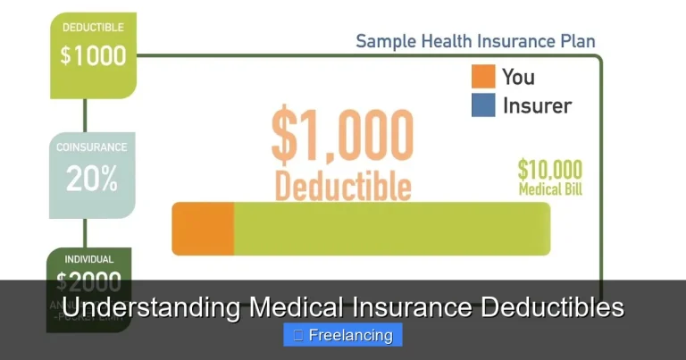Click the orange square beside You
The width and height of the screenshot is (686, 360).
click(483, 76)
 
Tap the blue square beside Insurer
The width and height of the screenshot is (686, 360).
click(483, 105)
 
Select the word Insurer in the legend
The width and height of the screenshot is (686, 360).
click(537, 105)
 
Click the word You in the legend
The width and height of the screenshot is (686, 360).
click(518, 76)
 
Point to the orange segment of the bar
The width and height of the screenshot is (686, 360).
click(203, 229)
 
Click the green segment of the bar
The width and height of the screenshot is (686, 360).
click(391, 229)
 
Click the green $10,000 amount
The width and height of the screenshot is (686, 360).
click(550, 170)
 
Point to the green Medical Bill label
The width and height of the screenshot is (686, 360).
click(550, 189)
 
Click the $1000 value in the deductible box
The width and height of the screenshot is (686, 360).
click(93, 55)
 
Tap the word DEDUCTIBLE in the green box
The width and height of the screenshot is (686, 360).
click(93, 28)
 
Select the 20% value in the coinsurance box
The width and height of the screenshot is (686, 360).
click(92, 180)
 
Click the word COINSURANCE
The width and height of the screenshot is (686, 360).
click(92, 147)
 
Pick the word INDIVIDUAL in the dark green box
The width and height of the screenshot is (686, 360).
click(89, 260)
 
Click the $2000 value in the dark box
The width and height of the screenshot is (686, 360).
click(89, 282)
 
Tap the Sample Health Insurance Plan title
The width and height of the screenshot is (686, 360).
click(475, 41)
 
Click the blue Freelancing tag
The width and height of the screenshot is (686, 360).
click(343, 335)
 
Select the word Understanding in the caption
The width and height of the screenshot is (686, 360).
click(152, 307)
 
